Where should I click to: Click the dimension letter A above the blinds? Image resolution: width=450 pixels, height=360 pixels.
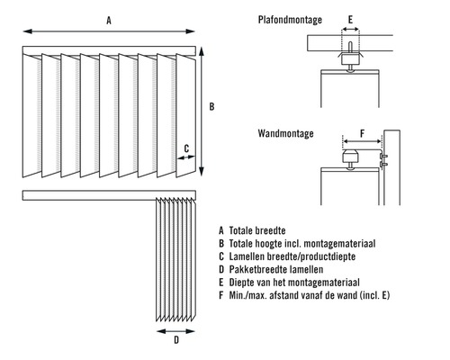click(109, 19)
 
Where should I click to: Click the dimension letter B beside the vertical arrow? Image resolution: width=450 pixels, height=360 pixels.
click(211, 107)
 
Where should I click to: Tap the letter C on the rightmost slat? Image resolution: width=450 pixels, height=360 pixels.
click(186, 148)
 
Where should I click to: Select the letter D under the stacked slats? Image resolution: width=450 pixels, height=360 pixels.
click(176, 343)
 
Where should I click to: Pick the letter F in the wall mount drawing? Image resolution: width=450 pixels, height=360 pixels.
click(361, 133)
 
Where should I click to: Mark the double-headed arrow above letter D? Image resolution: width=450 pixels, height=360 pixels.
click(176, 330)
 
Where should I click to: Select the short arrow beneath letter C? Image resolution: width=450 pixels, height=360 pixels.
click(186, 158)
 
